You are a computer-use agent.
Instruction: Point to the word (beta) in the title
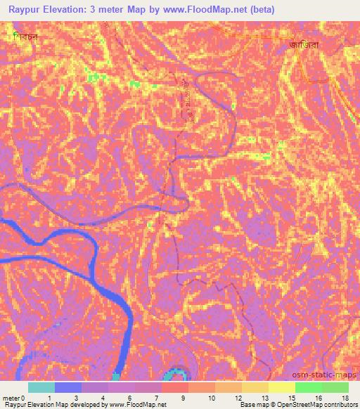pos(258,10)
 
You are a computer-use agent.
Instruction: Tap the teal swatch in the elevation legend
pos(41,387)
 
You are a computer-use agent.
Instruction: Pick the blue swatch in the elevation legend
pos(68,387)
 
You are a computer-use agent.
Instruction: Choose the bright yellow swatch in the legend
pos(282,387)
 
